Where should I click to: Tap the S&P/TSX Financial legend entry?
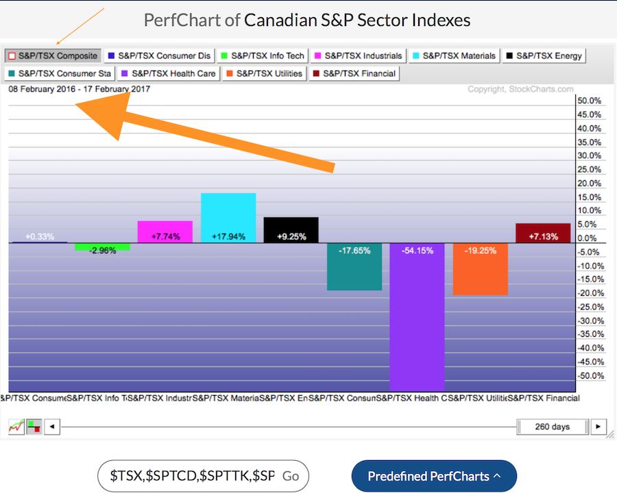tap(354, 73)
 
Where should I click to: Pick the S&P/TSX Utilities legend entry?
tap(264, 73)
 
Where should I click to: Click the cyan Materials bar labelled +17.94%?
tap(228, 218)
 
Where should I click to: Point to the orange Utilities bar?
tap(480, 269)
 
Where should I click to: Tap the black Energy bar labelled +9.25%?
tap(291, 230)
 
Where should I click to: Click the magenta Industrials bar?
tap(165, 231)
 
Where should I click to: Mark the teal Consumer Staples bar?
tap(354, 266)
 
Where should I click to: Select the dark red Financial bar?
tap(543, 233)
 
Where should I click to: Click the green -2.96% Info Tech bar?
tap(102, 246)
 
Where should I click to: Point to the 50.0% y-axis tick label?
tap(590, 101)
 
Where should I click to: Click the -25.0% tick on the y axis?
tap(589, 307)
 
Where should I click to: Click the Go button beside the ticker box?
tap(291, 476)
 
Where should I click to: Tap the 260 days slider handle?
tap(552, 427)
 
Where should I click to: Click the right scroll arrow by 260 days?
tap(598, 427)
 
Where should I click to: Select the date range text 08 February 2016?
tap(41, 89)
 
